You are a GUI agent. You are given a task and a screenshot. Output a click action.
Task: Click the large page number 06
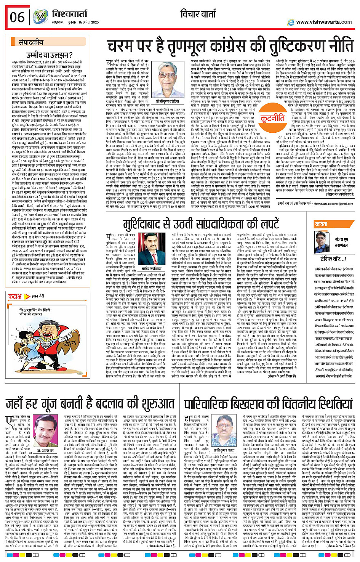pos(18,17)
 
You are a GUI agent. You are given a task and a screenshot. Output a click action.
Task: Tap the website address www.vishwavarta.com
pos(324,22)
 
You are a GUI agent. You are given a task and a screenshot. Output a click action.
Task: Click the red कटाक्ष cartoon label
pos(15,296)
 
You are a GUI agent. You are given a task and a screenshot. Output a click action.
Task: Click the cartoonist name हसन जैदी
pos(37,296)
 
